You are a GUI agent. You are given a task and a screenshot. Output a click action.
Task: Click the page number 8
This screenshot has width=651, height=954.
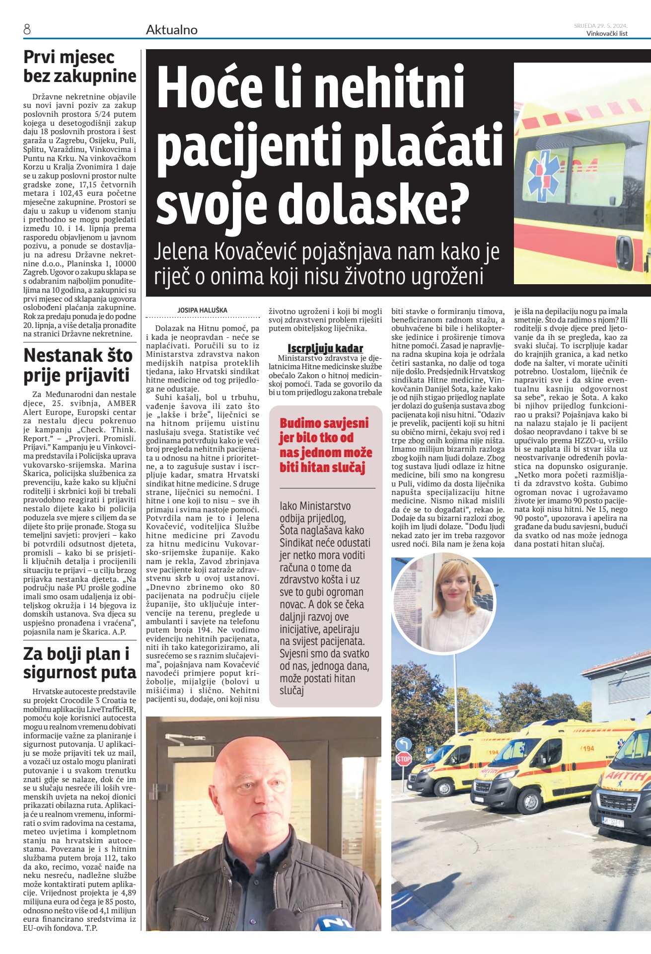[27, 30]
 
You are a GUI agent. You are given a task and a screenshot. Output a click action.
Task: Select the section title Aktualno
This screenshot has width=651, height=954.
[171, 30]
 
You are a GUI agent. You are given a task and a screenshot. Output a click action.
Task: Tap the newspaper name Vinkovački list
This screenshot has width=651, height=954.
[607, 34]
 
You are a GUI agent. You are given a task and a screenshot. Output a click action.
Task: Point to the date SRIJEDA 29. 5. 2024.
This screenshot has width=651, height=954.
[600, 26]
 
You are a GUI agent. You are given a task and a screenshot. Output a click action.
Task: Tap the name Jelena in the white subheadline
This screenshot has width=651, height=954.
[181, 252]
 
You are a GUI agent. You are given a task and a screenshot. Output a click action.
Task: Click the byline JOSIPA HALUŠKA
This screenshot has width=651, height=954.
[202, 311]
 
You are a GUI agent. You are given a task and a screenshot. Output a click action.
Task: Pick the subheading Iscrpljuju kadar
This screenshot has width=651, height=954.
[325, 348]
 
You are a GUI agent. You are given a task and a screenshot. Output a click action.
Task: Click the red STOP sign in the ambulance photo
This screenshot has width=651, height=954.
[403, 759]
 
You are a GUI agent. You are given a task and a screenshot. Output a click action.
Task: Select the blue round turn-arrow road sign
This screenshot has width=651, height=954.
[403, 744]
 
